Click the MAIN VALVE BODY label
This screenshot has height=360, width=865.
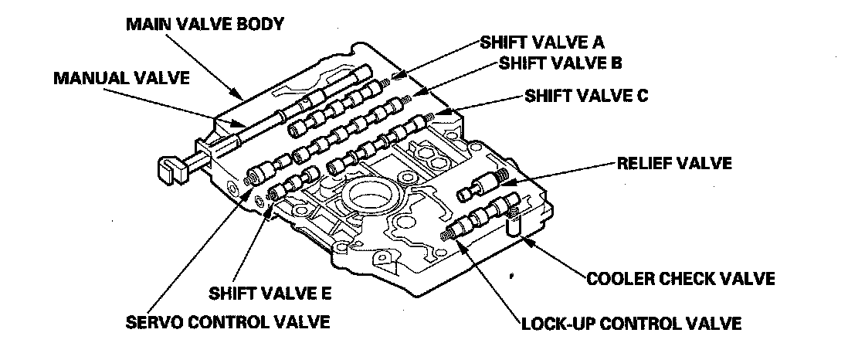205,24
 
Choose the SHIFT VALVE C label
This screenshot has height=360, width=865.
586,97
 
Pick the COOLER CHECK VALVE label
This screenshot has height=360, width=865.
680,277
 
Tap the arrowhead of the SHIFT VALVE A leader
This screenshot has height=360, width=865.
395,75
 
